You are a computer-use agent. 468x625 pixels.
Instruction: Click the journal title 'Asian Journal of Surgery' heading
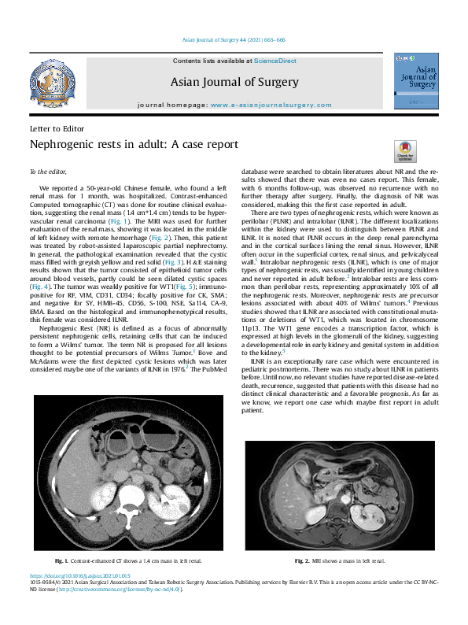234,82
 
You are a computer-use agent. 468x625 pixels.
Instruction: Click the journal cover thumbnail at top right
415,82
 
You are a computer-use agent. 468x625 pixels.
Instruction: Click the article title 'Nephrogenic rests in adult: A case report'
133,144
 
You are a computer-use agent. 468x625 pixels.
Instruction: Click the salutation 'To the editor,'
49,171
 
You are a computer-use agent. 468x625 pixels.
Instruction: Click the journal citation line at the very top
234,40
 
